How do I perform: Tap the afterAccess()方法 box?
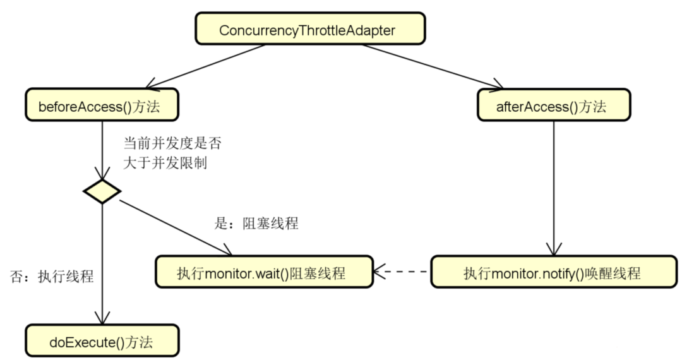(x=553, y=106)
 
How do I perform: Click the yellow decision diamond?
(x=102, y=191)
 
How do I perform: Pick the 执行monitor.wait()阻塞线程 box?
(x=261, y=273)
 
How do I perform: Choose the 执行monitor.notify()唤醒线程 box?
(x=552, y=273)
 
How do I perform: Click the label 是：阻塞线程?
(x=256, y=224)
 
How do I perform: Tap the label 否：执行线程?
(x=52, y=276)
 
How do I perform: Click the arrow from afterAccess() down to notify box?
(x=554, y=189)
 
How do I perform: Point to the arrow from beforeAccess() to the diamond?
(x=102, y=148)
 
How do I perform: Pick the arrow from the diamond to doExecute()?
(x=102, y=265)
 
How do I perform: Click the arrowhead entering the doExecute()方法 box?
(x=102, y=318)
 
